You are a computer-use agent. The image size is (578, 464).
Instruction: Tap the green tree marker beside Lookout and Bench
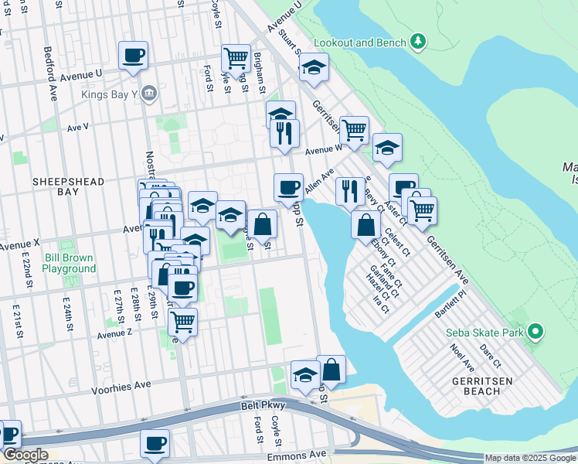[417, 41]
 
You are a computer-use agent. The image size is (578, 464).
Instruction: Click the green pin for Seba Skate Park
[534, 333]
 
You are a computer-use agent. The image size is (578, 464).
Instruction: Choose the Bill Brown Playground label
[69, 263]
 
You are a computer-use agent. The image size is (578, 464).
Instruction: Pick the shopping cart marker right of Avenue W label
[354, 131]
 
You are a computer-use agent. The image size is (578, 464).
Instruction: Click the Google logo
[25, 455]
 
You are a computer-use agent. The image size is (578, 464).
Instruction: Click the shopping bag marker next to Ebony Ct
[365, 225]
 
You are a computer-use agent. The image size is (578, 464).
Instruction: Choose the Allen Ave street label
[318, 183]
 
